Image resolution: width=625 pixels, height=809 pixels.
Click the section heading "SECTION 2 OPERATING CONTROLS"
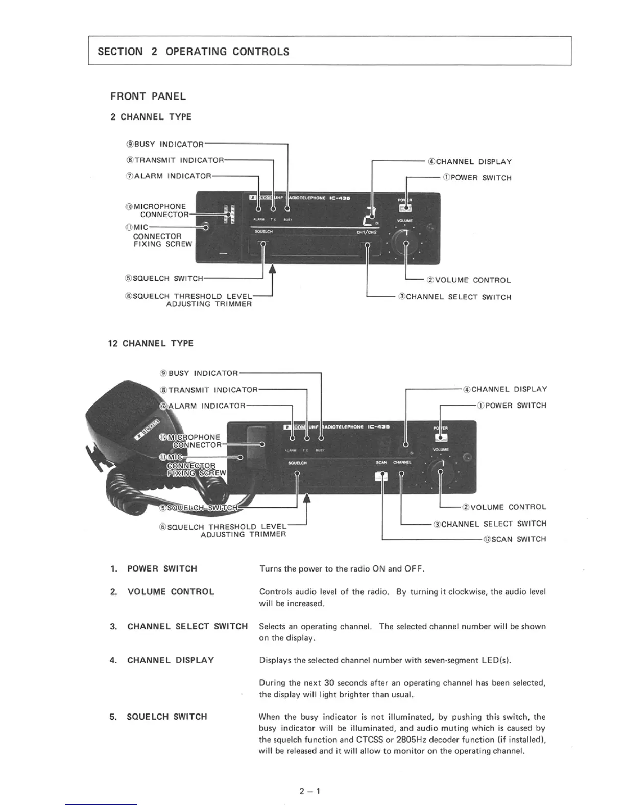tap(193, 52)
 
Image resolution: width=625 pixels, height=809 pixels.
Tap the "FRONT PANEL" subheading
tap(148, 97)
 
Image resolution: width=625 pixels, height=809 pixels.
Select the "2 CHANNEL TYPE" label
tap(151, 117)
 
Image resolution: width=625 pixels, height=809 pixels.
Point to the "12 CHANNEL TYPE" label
tap(151, 344)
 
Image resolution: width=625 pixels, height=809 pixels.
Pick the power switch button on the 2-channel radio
tap(405, 208)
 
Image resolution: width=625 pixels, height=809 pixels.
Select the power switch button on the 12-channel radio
tap(440, 437)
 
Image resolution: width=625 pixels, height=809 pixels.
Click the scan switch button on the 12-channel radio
tap(381, 476)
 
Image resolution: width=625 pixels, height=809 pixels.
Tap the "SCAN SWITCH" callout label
tap(515, 539)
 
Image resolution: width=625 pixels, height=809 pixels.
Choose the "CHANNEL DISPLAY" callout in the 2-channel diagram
tap(470, 162)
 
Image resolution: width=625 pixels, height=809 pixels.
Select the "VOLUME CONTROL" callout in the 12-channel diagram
tap(504, 507)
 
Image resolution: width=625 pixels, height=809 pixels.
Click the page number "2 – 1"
tap(309, 792)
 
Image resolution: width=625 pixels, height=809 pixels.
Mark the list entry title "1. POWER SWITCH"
tap(154, 569)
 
